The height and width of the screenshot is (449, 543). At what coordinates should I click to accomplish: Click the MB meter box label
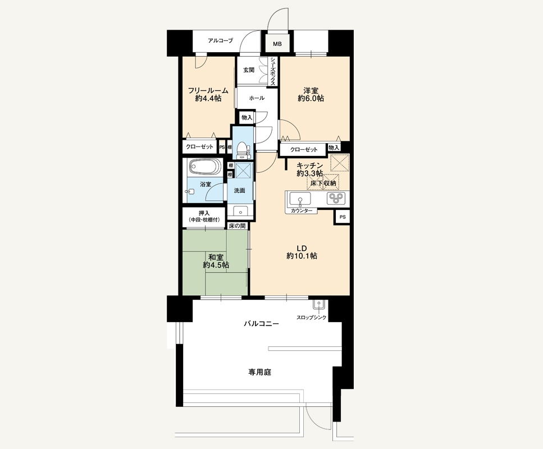(277, 44)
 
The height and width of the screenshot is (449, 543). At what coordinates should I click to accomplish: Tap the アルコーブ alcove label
(221, 40)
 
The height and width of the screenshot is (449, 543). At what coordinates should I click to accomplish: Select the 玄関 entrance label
(249, 70)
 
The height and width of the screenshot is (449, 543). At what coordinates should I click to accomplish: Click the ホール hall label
(257, 98)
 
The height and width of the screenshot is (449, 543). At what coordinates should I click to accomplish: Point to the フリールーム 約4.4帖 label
(208, 94)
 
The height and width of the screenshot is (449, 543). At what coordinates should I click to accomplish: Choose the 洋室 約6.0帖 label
(311, 94)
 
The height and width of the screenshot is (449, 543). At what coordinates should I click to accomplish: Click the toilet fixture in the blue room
(243, 149)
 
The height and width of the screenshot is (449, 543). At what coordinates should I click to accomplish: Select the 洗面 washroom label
(239, 190)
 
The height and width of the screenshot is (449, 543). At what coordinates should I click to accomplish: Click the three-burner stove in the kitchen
(336, 198)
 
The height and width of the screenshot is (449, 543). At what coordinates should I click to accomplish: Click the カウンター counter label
(302, 210)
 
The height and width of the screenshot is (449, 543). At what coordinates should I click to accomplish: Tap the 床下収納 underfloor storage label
(323, 183)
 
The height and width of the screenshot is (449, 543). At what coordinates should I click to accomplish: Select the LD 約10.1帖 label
(302, 252)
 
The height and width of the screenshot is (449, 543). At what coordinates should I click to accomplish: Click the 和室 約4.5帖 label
(216, 262)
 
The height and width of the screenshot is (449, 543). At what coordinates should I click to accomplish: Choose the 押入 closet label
(204, 213)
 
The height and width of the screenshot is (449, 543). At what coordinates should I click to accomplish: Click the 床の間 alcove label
(237, 226)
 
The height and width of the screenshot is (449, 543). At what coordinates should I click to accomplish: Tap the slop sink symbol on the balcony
(318, 305)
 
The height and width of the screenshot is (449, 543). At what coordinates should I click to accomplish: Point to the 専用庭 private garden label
(260, 372)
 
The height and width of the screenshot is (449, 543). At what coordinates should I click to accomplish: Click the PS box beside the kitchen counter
(342, 217)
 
